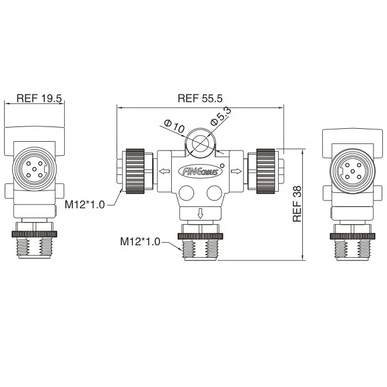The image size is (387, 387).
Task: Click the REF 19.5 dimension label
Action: pyautogui.click(x=39, y=98)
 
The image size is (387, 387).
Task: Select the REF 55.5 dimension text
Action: pyautogui.click(x=201, y=98)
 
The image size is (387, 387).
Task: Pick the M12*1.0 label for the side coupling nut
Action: pyautogui.click(x=85, y=204)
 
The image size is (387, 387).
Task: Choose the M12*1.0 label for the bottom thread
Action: pyautogui.click(x=140, y=241)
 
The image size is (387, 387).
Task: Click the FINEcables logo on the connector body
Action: pyautogui.click(x=200, y=171)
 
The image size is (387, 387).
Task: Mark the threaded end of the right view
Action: pyautogui.click(x=352, y=246)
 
